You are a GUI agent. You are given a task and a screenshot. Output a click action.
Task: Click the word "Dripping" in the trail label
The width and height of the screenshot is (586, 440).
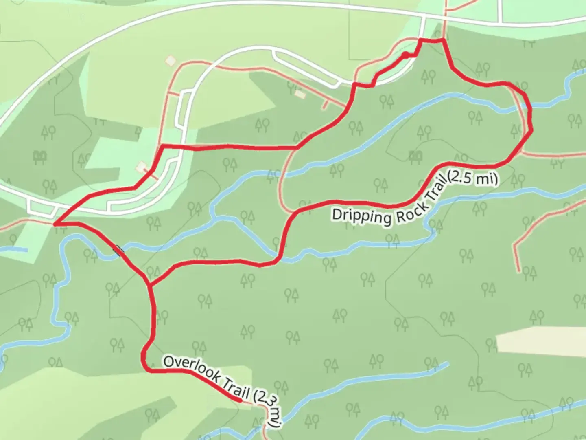361,216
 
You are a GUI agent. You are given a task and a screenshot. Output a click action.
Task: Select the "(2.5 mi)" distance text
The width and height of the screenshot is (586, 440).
473,178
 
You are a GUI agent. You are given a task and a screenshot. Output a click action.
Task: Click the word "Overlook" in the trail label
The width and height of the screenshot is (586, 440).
190,368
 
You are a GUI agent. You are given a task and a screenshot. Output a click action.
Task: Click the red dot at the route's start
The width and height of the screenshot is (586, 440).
405,54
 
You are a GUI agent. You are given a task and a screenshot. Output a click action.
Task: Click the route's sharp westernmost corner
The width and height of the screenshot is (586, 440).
55,224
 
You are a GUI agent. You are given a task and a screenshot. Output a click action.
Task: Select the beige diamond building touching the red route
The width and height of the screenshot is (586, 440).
142,167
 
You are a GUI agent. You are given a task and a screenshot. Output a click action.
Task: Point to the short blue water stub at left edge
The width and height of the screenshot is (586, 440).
15,249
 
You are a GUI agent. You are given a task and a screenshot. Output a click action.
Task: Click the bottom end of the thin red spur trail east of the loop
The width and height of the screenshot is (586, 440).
518,271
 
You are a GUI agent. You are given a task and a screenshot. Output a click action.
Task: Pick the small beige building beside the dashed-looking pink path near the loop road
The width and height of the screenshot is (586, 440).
300,94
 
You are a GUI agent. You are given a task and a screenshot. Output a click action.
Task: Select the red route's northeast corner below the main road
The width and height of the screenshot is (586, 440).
443,40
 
